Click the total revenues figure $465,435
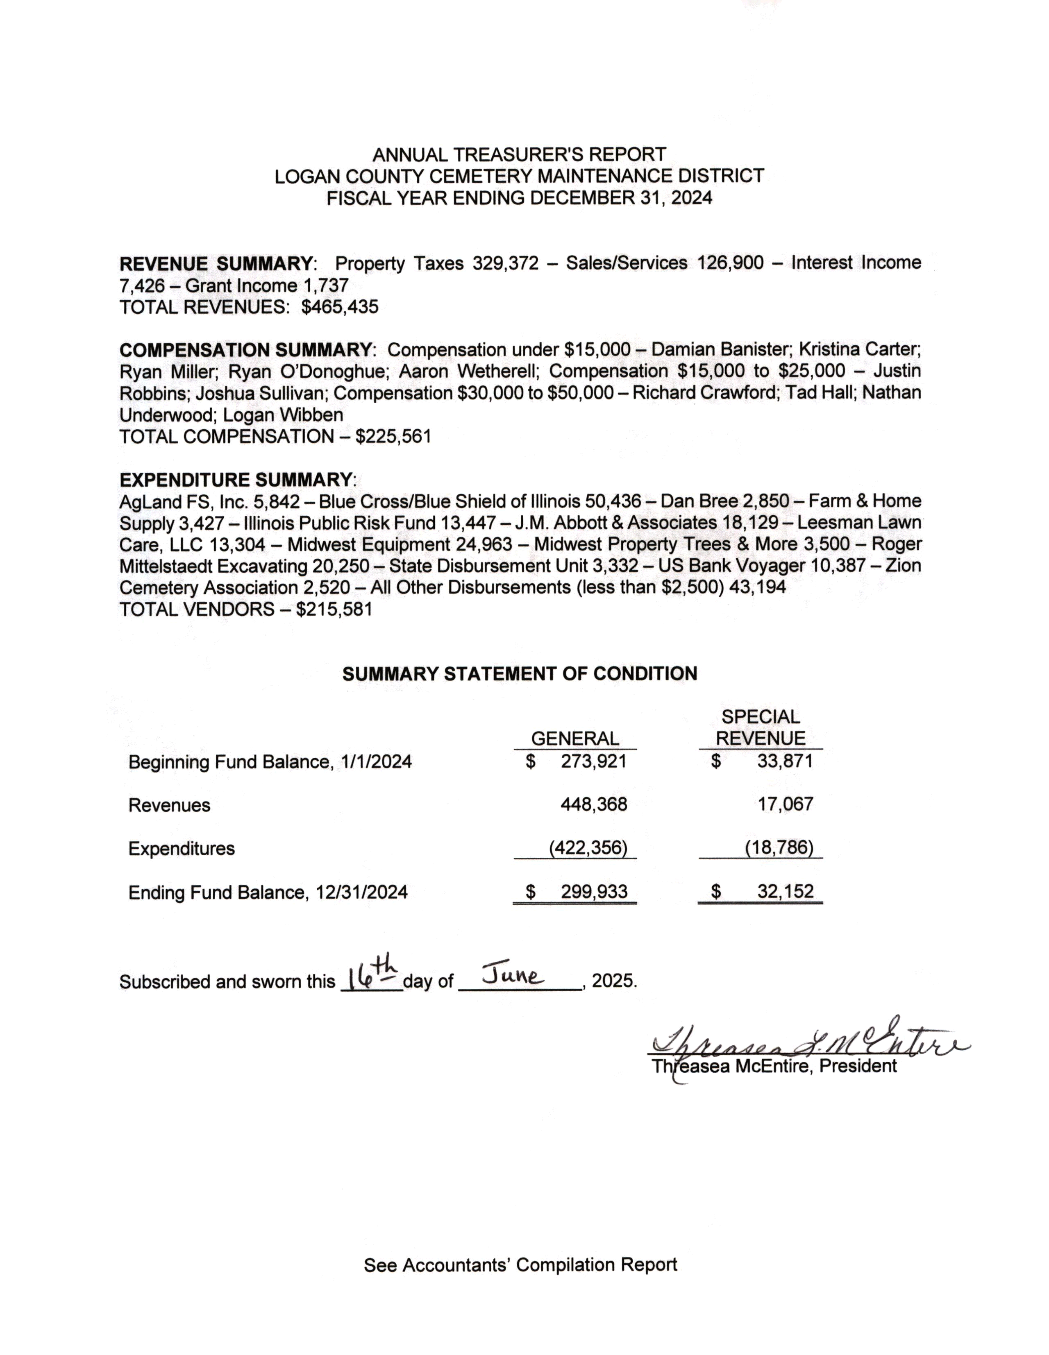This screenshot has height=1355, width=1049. pyautogui.click(x=340, y=307)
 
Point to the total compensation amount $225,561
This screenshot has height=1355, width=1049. pyautogui.click(x=393, y=437)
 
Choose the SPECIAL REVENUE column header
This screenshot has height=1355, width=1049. pyautogui.click(x=761, y=728)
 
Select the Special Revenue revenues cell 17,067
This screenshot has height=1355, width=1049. pyautogui.click(x=785, y=805)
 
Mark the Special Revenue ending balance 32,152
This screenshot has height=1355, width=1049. pyautogui.click(x=785, y=892)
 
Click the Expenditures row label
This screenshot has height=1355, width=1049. pyautogui.click(x=181, y=849)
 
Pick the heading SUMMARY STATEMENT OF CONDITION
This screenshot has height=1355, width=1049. pyautogui.click(x=520, y=674)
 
